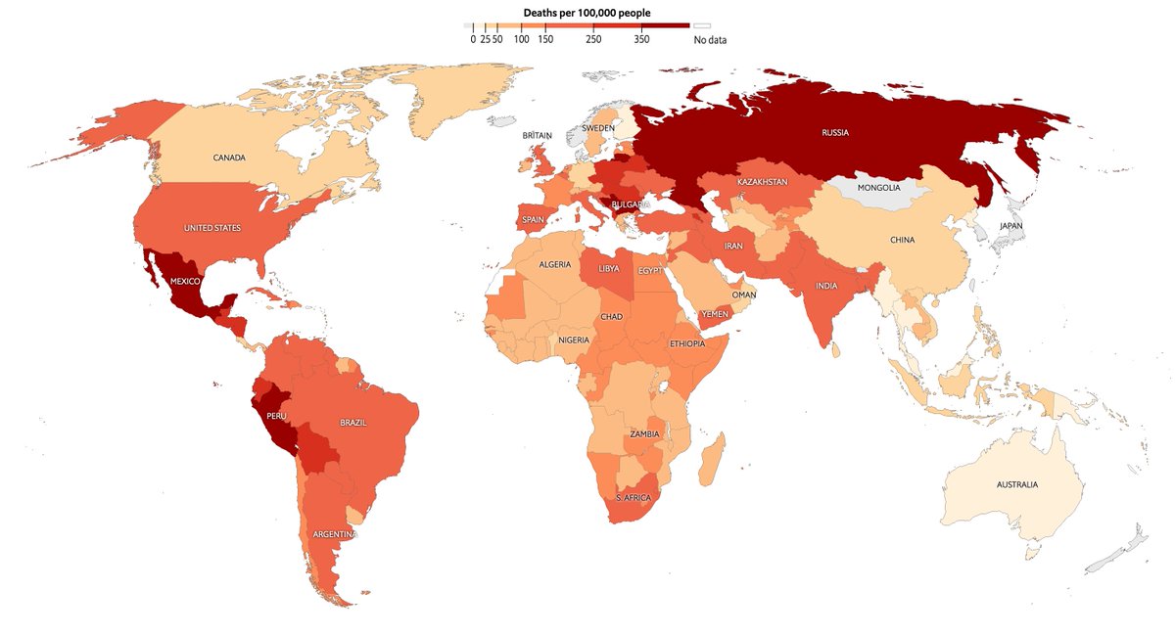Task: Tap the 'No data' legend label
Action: pos(710,40)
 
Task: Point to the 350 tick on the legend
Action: pos(641,40)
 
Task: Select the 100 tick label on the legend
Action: pos(521,40)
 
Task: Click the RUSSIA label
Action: pos(835,133)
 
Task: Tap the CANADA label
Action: pos(228,158)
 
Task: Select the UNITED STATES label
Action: pos(212,228)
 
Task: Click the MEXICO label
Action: pos(185,281)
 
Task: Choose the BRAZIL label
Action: pos(353,423)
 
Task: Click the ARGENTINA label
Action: pos(335,535)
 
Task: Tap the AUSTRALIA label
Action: pos(1017,485)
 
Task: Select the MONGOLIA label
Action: pos(877,188)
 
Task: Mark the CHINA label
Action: pos(902,240)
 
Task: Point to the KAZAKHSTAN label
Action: pos(763,183)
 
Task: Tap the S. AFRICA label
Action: pos(632,498)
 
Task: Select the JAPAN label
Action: pos(1011,226)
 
